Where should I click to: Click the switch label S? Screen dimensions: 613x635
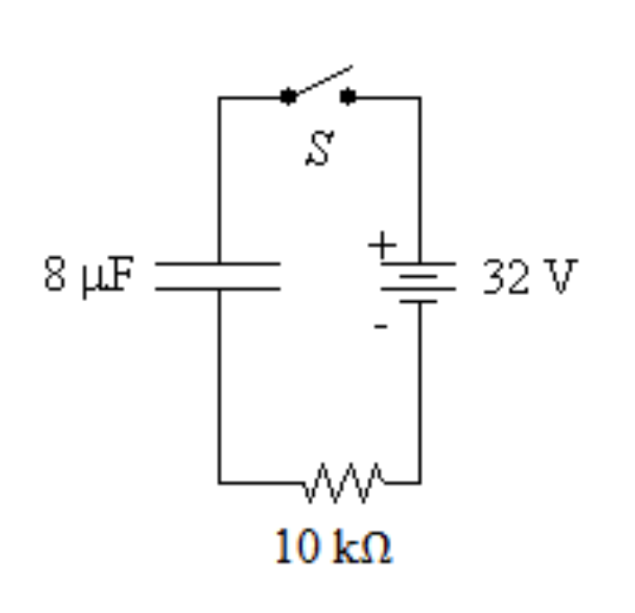[x=320, y=149]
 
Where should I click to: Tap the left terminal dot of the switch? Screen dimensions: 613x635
[x=288, y=96]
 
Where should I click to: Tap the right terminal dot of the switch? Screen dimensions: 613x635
[x=349, y=96]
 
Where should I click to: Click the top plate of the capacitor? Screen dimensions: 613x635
[x=219, y=265]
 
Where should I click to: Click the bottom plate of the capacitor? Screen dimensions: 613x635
[x=219, y=288]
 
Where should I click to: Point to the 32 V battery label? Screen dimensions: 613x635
[x=526, y=278]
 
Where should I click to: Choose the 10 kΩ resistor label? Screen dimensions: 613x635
[x=334, y=547]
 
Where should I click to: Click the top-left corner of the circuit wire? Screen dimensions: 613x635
[x=219, y=97]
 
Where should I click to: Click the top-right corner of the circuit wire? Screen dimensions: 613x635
[x=419, y=97]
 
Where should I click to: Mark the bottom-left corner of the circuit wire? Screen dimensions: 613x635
[x=219, y=482]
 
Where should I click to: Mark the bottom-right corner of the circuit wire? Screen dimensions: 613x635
[x=419, y=482]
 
